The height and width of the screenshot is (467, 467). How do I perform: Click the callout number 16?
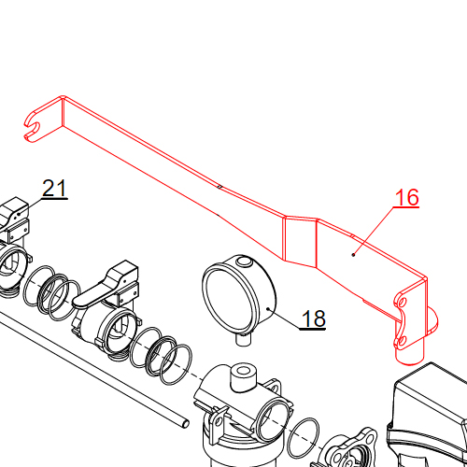click(407, 197)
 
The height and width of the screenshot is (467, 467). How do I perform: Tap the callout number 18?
click(314, 319)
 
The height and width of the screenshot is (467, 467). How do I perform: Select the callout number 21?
click(55, 189)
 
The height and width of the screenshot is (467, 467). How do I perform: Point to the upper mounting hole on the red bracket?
click(402, 301)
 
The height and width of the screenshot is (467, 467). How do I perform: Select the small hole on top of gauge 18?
click(242, 262)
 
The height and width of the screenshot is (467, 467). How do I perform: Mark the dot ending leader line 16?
click(353, 253)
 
